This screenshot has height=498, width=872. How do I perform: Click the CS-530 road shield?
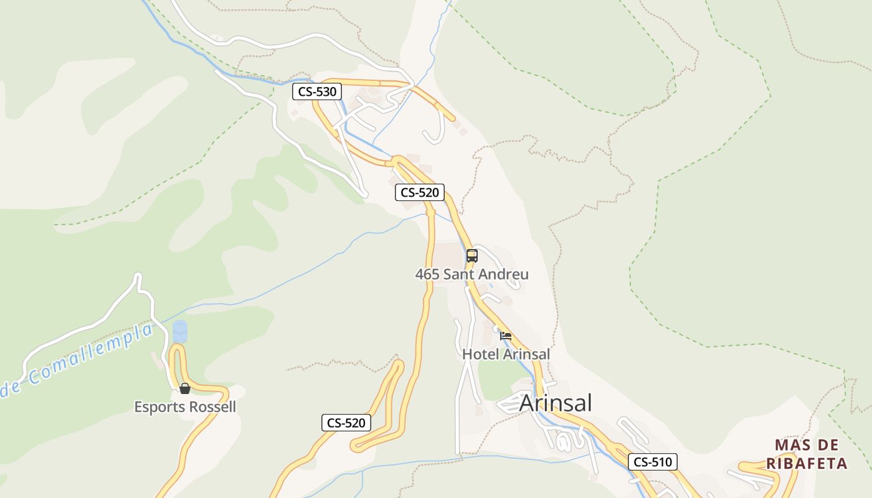[317, 92]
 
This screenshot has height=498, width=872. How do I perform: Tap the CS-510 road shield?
[652, 462]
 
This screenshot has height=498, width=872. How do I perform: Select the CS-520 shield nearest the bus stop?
[420, 192]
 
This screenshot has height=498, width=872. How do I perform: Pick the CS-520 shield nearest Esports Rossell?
[346, 423]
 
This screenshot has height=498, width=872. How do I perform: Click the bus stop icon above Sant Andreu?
[472, 255]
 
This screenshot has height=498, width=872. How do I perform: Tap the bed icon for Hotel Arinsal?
[506, 336]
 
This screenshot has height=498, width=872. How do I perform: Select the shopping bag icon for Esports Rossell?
[185, 389]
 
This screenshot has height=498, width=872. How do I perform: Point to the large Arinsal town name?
[556, 403]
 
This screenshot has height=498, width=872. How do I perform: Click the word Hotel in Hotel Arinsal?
[480, 354]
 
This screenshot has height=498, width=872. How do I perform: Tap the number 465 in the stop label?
[427, 274]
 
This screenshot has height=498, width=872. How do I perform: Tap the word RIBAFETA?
[807, 464]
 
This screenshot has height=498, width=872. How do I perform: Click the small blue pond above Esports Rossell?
[180, 331]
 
